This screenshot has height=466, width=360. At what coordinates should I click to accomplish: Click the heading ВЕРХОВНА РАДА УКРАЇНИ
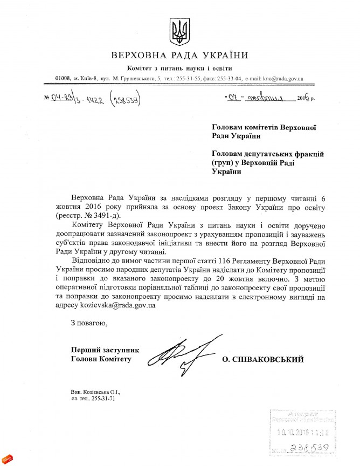[x=179, y=56]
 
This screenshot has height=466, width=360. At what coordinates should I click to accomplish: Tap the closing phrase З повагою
[x=86, y=324]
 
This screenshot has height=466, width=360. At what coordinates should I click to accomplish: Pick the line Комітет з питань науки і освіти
[x=179, y=68]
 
